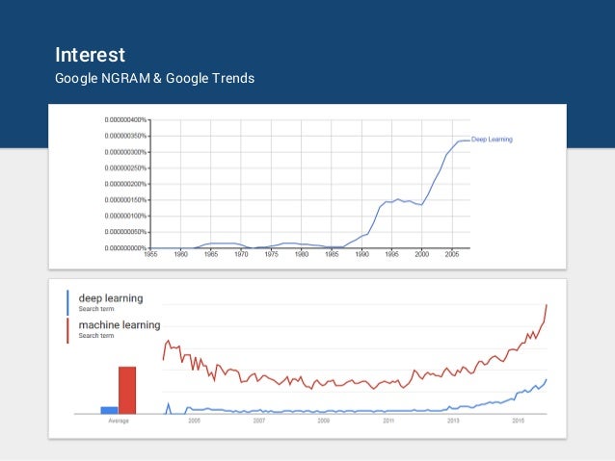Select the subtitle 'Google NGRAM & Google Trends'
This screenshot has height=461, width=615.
(x=154, y=78)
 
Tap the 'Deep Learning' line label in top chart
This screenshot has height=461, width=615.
(x=492, y=140)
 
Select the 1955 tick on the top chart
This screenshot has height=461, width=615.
(x=150, y=255)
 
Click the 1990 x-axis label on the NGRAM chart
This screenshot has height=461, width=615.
(x=362, y=255)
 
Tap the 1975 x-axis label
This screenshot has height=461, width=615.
(x=272, y=255)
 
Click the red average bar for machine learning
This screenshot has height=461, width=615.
(x=127, y=390)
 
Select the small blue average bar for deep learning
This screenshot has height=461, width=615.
(x=109, y=410)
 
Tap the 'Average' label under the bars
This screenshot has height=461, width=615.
(x=118, y=422)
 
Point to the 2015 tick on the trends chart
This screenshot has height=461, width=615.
(x=519, y=422)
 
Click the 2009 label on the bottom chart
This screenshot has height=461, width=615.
(x=324, y=422)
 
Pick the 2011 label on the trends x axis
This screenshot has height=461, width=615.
(x=388, y=422)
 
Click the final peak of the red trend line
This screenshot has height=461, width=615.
(x=547, y=305)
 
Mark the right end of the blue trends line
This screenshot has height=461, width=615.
(x=547, y=379)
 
